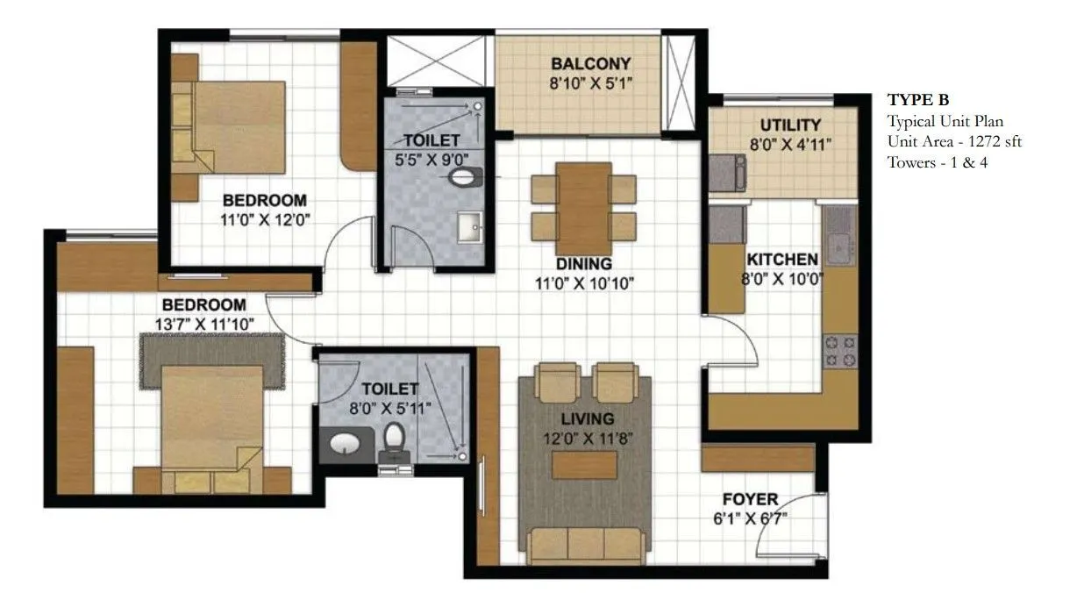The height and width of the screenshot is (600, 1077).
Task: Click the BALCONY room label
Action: click(591, 64)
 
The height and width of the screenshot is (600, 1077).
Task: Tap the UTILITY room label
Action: click(790, 125)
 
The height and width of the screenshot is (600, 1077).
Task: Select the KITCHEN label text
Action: click(781, 260)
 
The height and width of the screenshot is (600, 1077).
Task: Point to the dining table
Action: click(583, 208)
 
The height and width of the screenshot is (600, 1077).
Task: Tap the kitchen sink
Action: click(839, 235)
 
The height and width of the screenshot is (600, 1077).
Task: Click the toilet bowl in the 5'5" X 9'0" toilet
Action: click(465, 178)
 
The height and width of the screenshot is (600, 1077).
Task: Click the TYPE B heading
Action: click(918, 99)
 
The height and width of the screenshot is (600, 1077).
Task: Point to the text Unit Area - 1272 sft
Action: click(954, 141)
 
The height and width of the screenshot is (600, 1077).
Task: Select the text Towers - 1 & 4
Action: click(938, 162)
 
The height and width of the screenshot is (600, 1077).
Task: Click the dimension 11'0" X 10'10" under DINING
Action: click(583, 282)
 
